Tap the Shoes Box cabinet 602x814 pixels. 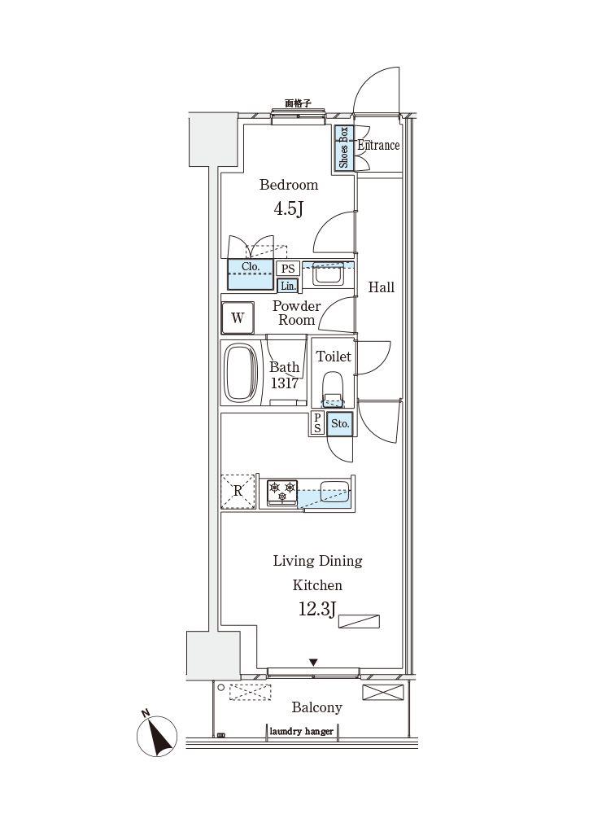click(343, 148)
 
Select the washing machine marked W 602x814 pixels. click(238, 317)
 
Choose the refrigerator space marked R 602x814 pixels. click(238, 491)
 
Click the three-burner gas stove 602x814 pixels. click(282, 492)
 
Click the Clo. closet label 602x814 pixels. click(251, 266)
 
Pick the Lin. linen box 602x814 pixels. click(288, 286)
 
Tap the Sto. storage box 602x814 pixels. click(340, 423)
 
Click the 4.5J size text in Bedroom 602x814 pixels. click(288, 208)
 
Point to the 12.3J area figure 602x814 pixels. click(317, 608)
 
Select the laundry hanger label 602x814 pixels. click(302, 732)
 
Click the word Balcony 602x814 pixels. click(316, 707)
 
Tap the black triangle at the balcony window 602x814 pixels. click(313, 663)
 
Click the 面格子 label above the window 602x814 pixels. click(299, 103)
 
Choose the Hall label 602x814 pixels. click(382, 287)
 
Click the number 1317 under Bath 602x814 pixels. click(285, 383)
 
